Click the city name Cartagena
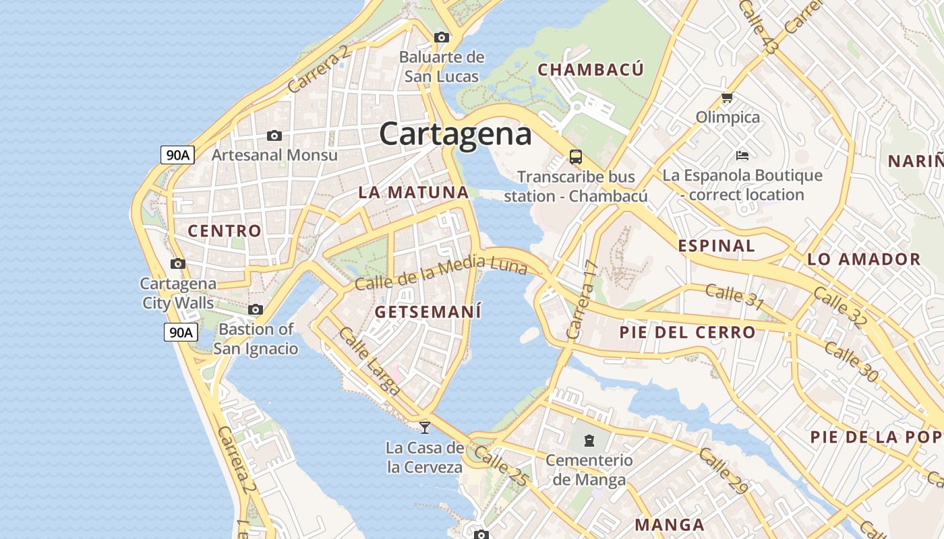pos(455,133)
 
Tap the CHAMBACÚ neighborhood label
pos(590,69)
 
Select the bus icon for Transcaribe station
pos(575,157)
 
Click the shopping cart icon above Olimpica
pos(727,98)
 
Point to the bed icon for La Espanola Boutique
pos(742,156)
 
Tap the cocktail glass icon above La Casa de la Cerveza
pos(424,426)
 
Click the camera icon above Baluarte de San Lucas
pos(442,37)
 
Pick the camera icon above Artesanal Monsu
pos(274,135)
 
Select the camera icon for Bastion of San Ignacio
pos(255,310)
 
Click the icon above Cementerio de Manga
pos(589,441)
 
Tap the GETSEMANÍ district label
pos(427,312)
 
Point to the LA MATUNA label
pos(413,192)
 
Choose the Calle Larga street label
pos(369,360)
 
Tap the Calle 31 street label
pos(734,297)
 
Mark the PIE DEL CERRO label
pos(687,332)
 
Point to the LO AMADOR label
pos(864,259)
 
